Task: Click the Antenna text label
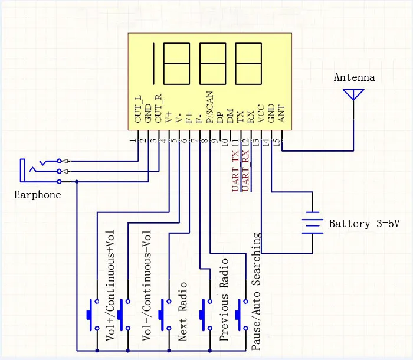coord(354,77)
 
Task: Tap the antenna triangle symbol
coord(354,94)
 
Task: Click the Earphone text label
coord(37,195)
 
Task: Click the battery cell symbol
coord(312,223)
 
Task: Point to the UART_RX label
coord(246,171)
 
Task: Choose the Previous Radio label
coord(224,299)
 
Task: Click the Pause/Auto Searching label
coord(256,292)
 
